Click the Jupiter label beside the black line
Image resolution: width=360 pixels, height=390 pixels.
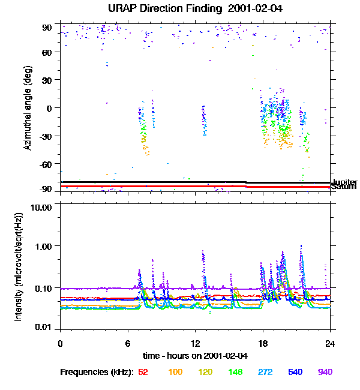344,182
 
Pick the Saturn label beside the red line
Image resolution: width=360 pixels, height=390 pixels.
344,187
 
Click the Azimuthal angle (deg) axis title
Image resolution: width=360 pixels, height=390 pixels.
28,109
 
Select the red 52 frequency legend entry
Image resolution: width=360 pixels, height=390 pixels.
143,372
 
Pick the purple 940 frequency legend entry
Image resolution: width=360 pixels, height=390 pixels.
325,372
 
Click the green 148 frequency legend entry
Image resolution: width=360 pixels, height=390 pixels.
235,372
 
